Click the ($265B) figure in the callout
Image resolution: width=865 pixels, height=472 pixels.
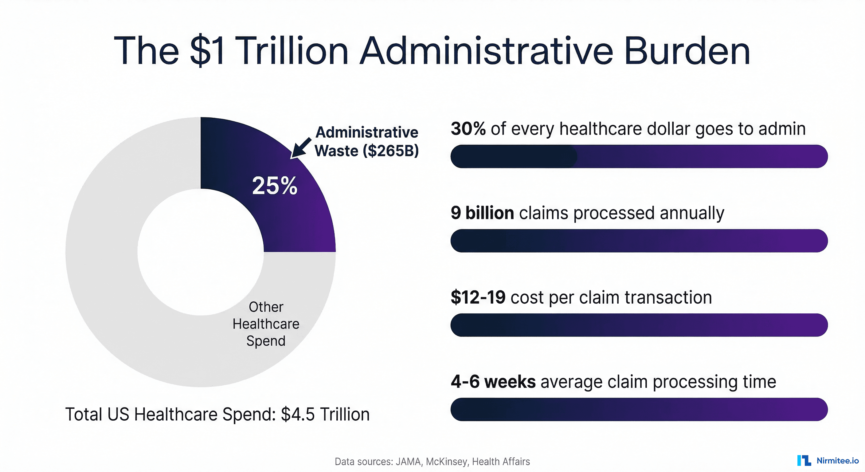click(390, 151)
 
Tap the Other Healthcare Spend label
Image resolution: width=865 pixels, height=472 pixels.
click(266, 324)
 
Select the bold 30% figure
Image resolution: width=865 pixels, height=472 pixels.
click(468, 129)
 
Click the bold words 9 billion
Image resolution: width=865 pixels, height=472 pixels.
click(482, 213)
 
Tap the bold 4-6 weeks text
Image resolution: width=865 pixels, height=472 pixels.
click(493, 382)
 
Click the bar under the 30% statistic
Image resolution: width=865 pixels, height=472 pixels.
click(639, 156)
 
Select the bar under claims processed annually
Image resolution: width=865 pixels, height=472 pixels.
click(639, 241)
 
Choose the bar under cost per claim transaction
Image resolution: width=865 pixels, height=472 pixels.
click(639, 325)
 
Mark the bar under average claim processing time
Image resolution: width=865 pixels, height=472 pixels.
click(639, 410)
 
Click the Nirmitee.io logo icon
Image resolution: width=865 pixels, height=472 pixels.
click(804, 461)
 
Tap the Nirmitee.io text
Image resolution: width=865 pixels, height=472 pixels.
click(837, 461)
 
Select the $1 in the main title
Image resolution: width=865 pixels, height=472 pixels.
click(207, 51)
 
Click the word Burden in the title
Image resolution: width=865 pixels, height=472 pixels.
click(687, 51)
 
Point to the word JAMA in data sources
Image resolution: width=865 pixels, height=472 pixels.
click(408, 462)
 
